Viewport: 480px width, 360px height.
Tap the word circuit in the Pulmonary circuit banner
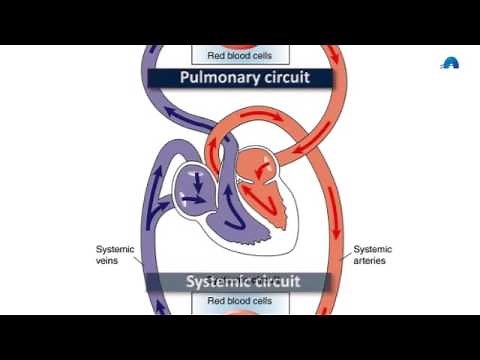coord(281,78)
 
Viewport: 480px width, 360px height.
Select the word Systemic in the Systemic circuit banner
coord(221,281)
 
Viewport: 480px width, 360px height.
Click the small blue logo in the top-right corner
coord(452,63)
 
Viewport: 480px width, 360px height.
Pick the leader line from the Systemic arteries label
coord(344,250)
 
